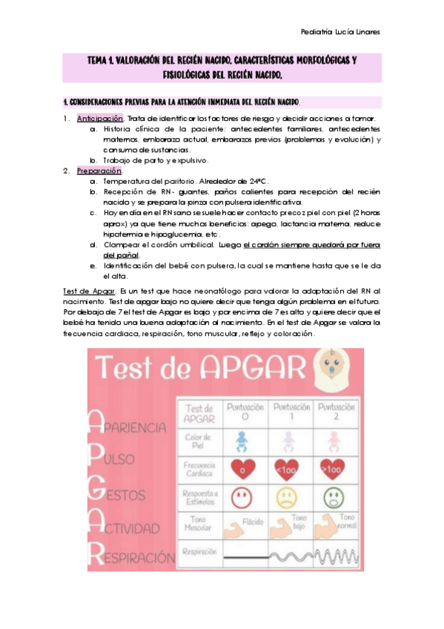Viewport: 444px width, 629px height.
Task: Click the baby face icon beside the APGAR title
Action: click(x=331, y=369)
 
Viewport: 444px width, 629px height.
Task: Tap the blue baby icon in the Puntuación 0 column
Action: click(x=240, y=443)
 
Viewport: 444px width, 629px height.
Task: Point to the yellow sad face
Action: click(x=287, y=496)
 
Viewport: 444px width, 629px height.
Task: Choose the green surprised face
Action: click(x=331, y=496)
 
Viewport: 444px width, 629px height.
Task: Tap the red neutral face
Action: click(x=241, y=496)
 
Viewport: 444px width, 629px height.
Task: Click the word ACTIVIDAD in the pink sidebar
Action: click(x=130, y=528)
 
